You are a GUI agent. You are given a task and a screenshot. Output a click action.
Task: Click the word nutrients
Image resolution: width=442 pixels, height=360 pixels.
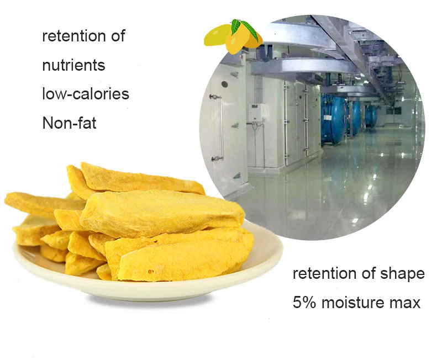(73, 66)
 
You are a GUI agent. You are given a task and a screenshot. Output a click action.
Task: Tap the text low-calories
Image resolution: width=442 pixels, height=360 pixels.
(86, 94)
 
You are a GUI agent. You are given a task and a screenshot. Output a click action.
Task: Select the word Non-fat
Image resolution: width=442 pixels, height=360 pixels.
(69, 123)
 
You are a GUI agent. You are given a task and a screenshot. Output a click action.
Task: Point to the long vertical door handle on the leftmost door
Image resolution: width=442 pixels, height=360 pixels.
(220, 127)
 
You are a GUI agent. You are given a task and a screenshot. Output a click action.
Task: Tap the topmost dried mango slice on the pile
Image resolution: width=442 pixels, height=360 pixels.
(133, 177)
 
